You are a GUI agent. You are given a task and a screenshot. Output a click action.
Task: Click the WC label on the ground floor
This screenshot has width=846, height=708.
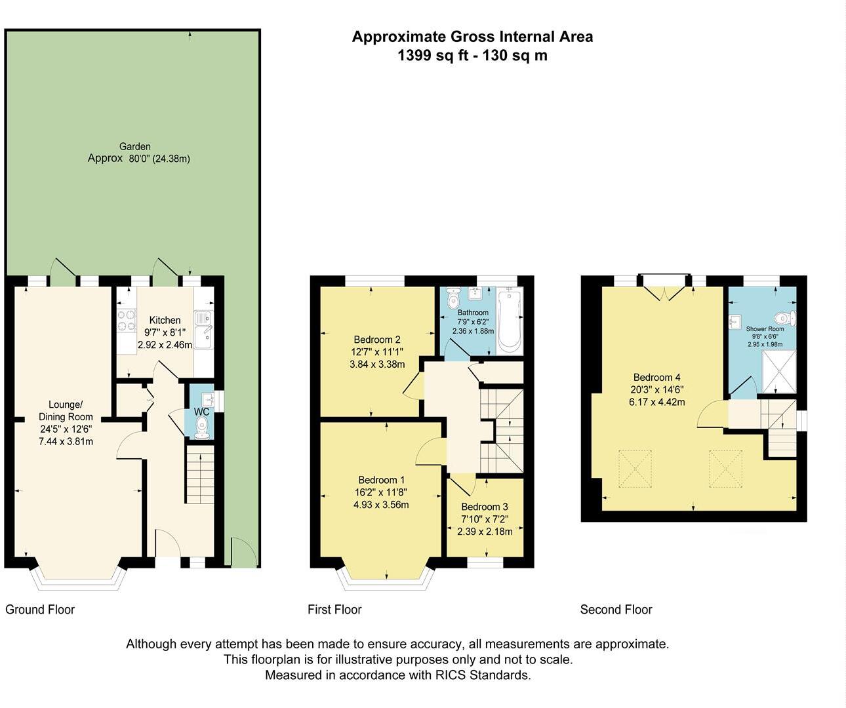[x=201, y=412]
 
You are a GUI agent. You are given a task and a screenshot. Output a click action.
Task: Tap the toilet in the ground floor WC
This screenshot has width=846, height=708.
[x=203, y=429]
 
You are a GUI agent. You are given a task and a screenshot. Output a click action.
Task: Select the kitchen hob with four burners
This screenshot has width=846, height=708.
[x=125, y=321]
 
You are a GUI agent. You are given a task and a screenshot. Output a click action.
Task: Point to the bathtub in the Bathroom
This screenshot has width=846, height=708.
[x=509, y=321]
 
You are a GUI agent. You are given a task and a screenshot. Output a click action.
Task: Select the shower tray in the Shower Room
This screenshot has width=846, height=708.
[x=778, y=371]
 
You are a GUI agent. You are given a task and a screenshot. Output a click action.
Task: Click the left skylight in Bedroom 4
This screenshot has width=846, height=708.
[x=635, y=469]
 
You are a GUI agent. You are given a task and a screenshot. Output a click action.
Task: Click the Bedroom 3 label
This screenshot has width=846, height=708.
[x=485, y=507]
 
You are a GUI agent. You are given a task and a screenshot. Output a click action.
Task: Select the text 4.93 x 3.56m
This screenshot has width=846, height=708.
[x=381, y=505]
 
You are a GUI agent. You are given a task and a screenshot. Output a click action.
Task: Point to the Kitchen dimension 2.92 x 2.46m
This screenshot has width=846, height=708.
[x=165, y=344]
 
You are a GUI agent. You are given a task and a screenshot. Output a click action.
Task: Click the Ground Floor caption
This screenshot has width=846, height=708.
[x=40, y=610]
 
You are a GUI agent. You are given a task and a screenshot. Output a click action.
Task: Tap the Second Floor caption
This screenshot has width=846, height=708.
[x=616, y=610]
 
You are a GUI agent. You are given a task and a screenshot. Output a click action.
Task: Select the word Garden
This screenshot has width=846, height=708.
[x=135, y=147]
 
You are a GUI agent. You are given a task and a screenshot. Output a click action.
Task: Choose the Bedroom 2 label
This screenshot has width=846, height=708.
[x=377, y=340]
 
